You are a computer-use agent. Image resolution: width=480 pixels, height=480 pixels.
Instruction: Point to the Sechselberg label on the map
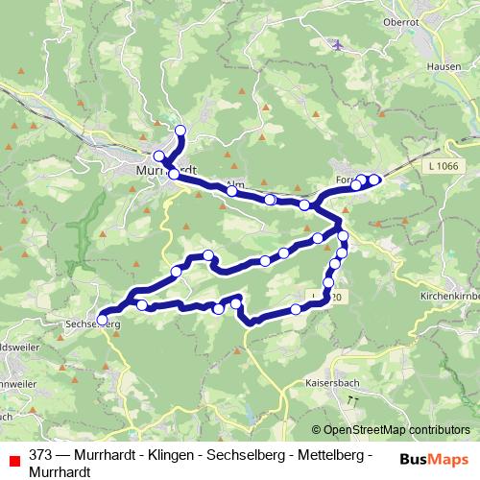(x=93, y=325)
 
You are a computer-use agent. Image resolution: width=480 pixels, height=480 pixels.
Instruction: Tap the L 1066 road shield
(x=444, y=167)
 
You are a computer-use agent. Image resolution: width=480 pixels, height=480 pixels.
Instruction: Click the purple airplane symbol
(x=337, y=44)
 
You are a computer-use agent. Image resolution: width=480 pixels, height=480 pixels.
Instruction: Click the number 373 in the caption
(x=41, y=454)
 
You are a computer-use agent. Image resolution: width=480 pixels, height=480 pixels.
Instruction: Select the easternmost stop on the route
(x=374, y=179)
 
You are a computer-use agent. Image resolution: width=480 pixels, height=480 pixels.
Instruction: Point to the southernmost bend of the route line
(x=252, y=324)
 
